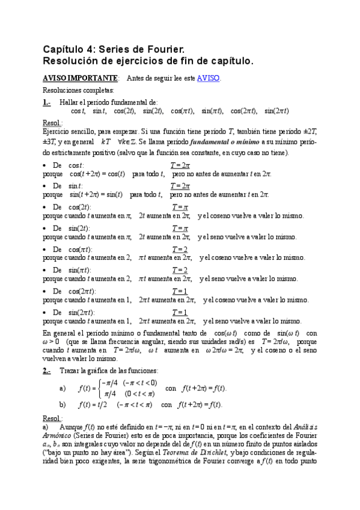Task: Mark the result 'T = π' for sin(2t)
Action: pos(180,228)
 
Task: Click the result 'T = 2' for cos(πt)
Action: pos(180,249)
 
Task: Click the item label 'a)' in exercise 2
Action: pos(63,388)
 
